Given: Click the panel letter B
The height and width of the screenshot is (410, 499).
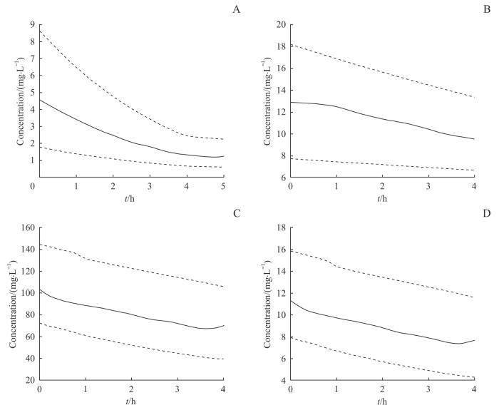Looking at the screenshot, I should (x=486, y=9).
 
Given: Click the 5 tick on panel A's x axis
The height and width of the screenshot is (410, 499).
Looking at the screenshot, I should (x=225, y=187).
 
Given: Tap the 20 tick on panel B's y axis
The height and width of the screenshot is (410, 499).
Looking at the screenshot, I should (x=282, y=25).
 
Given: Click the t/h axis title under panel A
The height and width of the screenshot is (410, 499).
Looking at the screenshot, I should (x=131, y=198).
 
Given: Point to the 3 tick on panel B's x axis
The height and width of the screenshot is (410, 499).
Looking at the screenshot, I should (x=428, y=187).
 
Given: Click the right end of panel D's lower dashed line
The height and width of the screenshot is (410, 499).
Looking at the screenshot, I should (x=474, y=378).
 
